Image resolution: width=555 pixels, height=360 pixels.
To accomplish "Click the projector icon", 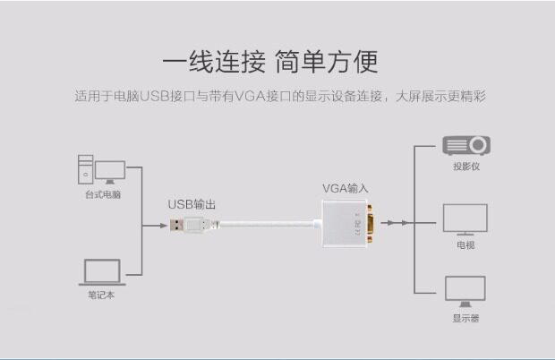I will (x=466, y=146).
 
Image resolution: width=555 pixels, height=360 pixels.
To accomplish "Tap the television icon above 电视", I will (x=466, y=219).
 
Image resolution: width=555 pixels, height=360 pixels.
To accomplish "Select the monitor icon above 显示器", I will (x=466, y=289).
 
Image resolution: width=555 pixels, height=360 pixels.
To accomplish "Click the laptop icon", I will (x=100, y=272).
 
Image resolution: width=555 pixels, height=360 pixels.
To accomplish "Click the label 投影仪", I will (x=466, y=167).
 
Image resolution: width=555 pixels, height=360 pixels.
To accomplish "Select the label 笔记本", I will (x=100, y=295).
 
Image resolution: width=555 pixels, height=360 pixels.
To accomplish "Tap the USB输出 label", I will (x=192, y=204).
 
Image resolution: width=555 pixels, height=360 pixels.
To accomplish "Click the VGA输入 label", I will (x=346, y=188).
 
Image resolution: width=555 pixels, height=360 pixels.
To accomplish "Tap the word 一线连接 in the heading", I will (x=215, y=61).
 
